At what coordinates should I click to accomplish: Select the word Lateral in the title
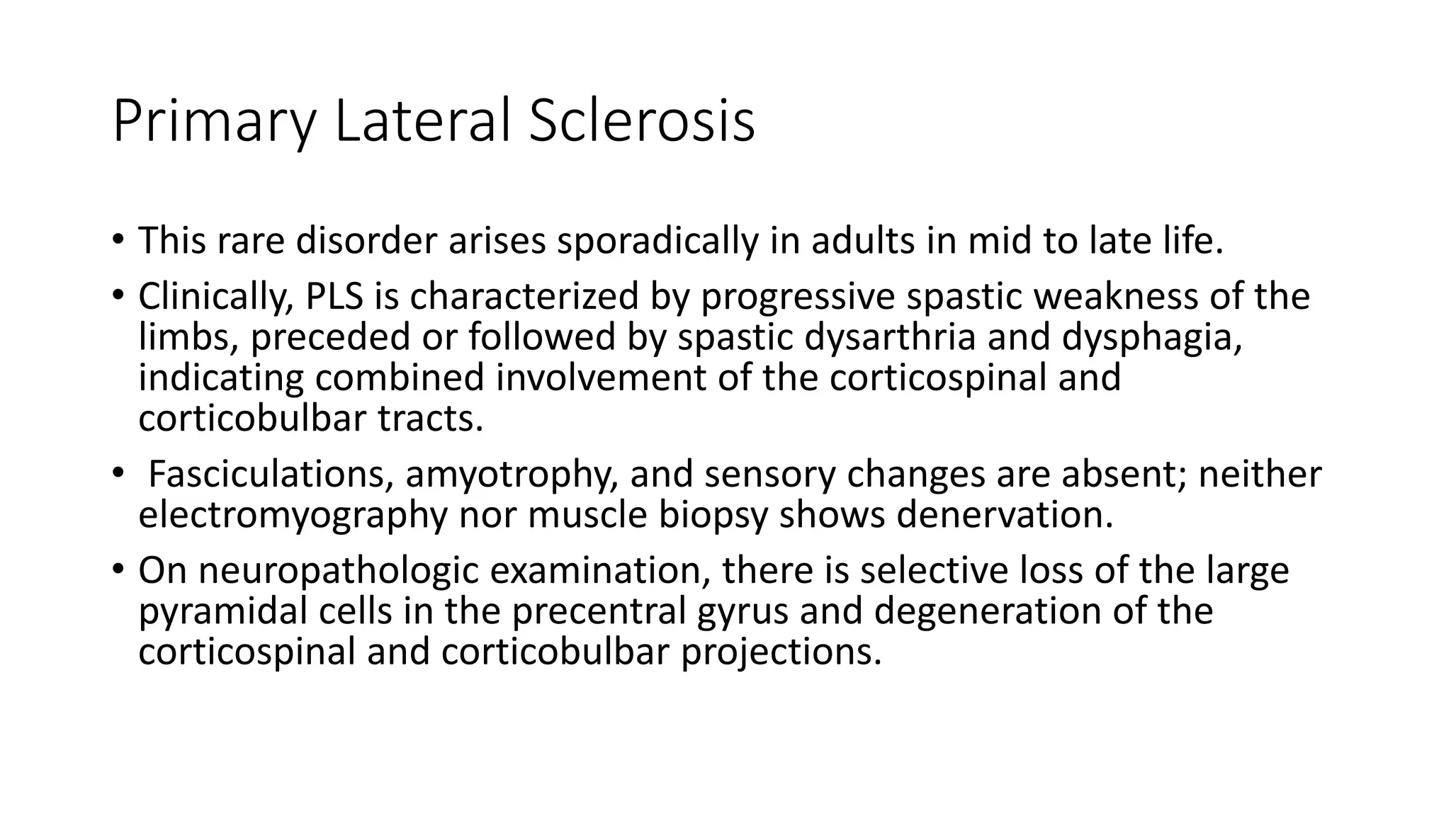click(x=421, y=122)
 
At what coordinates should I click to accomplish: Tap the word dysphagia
click(x=1151, y=337)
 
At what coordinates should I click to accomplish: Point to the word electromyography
click(x=293, y=515)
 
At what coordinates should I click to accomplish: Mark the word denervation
click(x=1004, y=515)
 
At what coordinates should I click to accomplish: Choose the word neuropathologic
click(x=338, y=570)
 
